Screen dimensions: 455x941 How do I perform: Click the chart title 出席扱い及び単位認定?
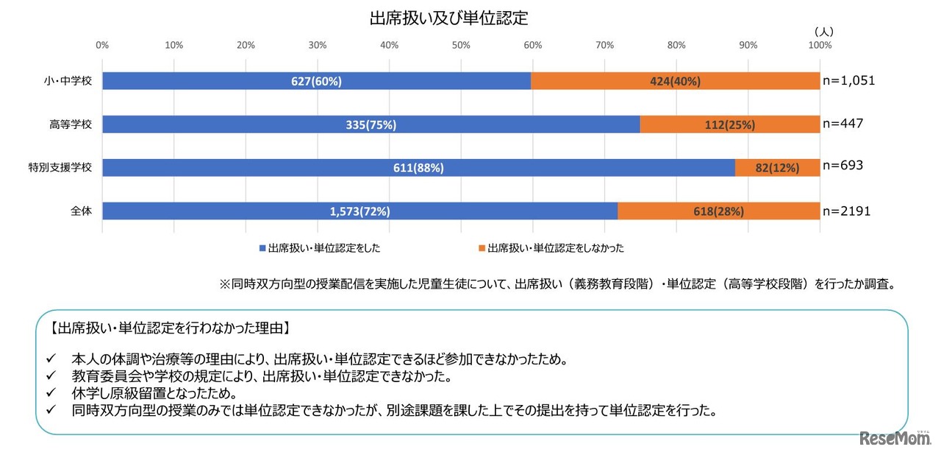point(448,18)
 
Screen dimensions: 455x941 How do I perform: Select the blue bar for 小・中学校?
point(316,81)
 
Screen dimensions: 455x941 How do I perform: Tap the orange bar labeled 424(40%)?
point(675,81)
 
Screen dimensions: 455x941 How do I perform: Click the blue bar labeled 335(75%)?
point(371,124)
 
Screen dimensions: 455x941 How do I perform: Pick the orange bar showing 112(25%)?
point(729,124)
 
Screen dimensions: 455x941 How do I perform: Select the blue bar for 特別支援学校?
point(418,168)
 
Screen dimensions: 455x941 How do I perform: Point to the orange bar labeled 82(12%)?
point(777,168)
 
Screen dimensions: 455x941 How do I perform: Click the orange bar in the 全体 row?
point(718,211)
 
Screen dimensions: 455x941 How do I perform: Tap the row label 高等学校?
point(72,124)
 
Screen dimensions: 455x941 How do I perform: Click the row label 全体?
point(81,211)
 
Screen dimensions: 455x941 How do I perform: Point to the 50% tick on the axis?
point(461,46)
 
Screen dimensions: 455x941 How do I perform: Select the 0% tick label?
point(102,46)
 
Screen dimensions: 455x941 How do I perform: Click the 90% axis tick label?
point(748,46)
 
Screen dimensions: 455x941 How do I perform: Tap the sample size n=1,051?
point(849,81)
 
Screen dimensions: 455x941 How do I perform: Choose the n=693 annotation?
point(842,166)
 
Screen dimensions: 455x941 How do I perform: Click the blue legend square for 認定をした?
point(262,249)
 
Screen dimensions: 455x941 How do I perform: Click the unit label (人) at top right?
point(823,32)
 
